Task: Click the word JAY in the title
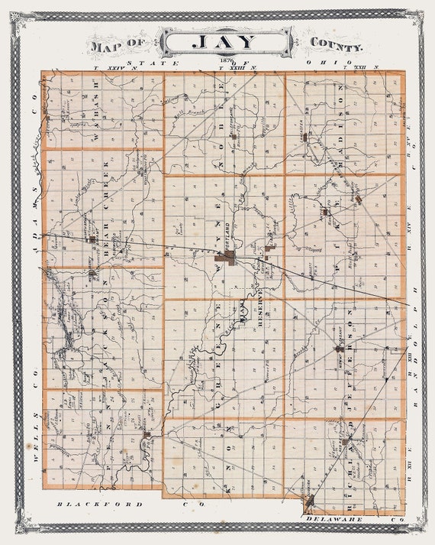click(224, 42)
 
